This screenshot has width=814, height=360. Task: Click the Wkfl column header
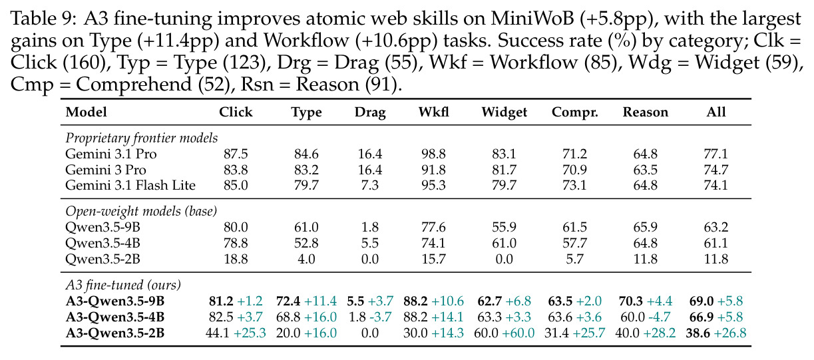click(433, 112)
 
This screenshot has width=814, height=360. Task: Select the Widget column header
click(504, 112)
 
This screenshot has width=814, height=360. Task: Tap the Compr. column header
click(574, 112)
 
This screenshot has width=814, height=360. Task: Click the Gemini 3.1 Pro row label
click(111, 154)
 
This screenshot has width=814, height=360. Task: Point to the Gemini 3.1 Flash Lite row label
click(130, 185)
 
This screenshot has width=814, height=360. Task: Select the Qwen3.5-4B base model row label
click(102, 243)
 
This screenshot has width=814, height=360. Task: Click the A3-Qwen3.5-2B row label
click(115, 333)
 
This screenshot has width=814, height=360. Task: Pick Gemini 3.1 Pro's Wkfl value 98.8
click(433, 154)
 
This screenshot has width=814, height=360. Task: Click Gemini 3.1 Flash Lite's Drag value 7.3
click(370, 185)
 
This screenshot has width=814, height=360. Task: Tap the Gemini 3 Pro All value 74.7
click(716, 170)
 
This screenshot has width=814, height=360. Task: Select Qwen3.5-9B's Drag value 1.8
click(370, 228)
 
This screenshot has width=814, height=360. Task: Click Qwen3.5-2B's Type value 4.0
click(306, 259)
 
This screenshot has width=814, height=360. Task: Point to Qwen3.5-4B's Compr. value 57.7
click(574, 243)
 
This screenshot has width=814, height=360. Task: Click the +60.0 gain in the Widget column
click(519, 333)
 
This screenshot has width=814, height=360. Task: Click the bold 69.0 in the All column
click(702, 301)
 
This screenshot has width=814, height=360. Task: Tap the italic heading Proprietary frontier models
click(141, 138)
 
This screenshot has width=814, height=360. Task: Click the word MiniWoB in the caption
click(532, 19)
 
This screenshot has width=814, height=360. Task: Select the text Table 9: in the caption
click(43, 19)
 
